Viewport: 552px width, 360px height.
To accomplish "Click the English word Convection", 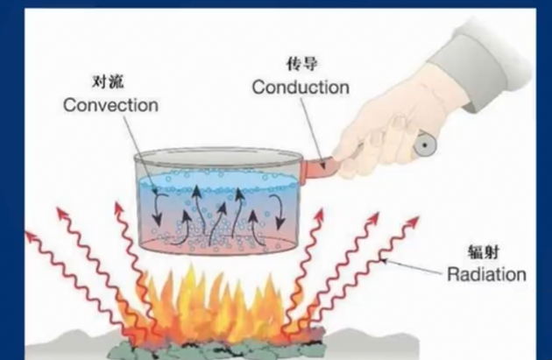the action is [x=110, y=105].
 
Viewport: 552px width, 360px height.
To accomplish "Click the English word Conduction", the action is [x=300, y=88].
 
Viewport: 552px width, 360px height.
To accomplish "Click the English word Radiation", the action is [x=486, y=274].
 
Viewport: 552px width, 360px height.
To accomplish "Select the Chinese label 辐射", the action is [x=486, y=251].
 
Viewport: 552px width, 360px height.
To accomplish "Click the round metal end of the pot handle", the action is [x=427, y=142].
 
